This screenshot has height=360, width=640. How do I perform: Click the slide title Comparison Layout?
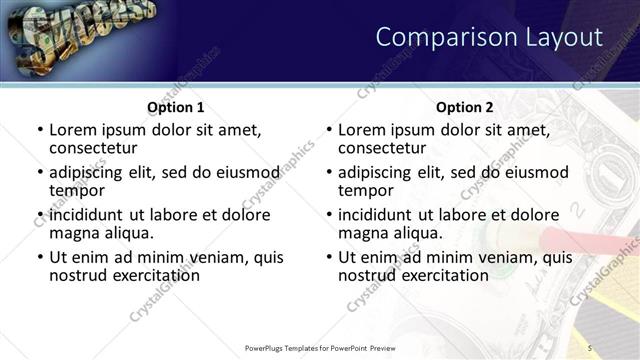488,37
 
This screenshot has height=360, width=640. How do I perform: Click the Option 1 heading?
175,107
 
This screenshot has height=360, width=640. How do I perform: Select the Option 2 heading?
464,107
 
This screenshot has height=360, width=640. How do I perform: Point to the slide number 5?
590,347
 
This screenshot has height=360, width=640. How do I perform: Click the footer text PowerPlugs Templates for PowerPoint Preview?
319,347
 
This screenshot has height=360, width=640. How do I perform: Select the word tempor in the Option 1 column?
77,190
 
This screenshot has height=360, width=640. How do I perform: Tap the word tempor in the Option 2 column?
366,190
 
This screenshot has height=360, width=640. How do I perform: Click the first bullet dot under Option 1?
39,130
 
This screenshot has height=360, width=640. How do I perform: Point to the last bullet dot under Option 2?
328,258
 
